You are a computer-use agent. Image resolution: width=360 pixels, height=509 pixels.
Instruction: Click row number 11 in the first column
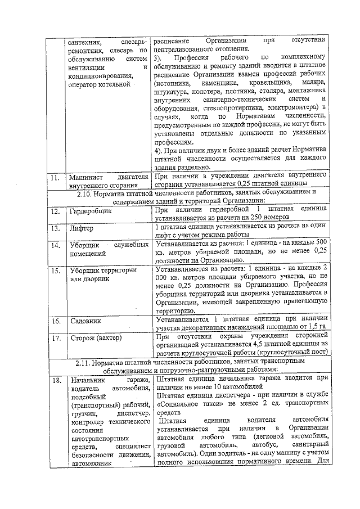[x=54, y=178]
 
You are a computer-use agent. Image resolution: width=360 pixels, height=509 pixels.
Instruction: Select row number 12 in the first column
[x=55, y=212]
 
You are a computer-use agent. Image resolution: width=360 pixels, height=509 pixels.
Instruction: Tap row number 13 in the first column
[x=55, y=229]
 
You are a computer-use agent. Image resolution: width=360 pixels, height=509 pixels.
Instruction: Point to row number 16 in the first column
[x=55, y=322]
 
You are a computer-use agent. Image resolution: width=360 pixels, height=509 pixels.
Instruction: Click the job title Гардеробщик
[x=92, y=212]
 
